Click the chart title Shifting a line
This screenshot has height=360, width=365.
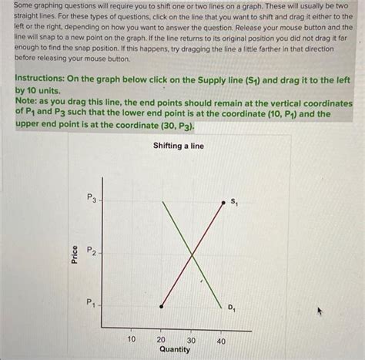tap(179, 146)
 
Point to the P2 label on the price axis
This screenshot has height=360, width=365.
tap(92, 251)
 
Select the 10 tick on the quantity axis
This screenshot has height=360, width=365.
tap(131, 339)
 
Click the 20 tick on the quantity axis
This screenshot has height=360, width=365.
tap(161, 339)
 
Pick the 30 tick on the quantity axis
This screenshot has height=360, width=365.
tap(191, 339)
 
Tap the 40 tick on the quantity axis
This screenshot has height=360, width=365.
tap(221, 339)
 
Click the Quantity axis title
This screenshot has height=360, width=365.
tap(175, 349)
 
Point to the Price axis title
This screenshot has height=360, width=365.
tap(75, 254)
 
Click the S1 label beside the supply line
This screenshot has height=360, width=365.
tap(234, 202)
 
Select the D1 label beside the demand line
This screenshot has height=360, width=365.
tap(232, 308)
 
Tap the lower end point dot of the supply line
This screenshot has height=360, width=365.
tap(161, 306)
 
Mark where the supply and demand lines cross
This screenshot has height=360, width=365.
tap(191, 254)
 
